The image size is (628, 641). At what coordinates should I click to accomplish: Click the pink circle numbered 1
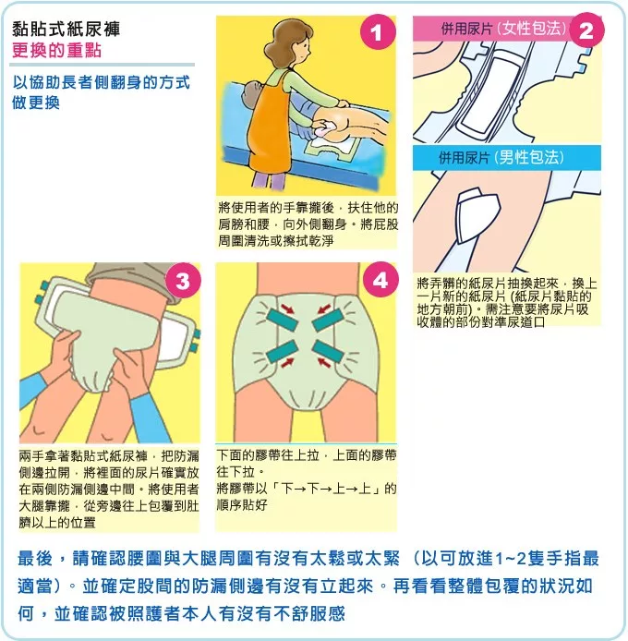coord(378,32)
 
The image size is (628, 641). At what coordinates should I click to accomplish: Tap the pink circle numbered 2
coord(586,30)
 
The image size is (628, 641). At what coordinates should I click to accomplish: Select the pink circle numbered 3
coord(183,281)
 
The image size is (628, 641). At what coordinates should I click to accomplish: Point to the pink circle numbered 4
coord(380,280)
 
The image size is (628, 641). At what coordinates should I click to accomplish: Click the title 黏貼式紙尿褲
coord(66,30)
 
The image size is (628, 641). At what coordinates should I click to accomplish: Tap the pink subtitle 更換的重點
coord(56,50)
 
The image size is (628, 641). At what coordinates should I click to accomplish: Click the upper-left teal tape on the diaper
coord(283,320)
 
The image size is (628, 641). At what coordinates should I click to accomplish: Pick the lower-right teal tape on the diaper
coord(327,352)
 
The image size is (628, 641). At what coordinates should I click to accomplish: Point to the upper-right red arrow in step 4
coord(325,308)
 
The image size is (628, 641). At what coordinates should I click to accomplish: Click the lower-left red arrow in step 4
coord(287,363)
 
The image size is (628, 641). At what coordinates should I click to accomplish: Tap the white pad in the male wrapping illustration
coord(477,214)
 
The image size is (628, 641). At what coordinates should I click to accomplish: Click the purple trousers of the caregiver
coord(260,179)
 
